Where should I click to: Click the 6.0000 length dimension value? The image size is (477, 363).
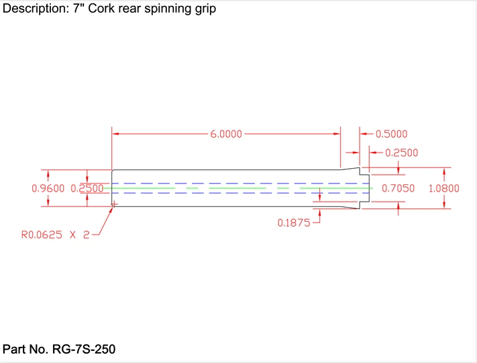(227, 134)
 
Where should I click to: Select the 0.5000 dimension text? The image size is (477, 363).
(391, 134)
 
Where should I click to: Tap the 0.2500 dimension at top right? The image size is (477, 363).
(402, 153)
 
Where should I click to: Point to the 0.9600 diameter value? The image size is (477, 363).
(48, 189)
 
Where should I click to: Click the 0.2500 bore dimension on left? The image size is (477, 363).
(91, 189)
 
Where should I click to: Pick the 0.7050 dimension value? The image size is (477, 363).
(398, 189)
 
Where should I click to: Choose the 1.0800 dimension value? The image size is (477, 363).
(443, 189)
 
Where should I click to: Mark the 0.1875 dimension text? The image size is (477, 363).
(294, 223)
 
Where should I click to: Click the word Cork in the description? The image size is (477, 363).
(101, 11)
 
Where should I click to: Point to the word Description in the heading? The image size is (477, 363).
(35, 11)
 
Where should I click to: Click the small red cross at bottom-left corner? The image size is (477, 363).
(114, 204)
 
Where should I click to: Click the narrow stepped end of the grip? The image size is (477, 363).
(364, 189)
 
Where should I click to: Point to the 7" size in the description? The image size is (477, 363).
(78, 11)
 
